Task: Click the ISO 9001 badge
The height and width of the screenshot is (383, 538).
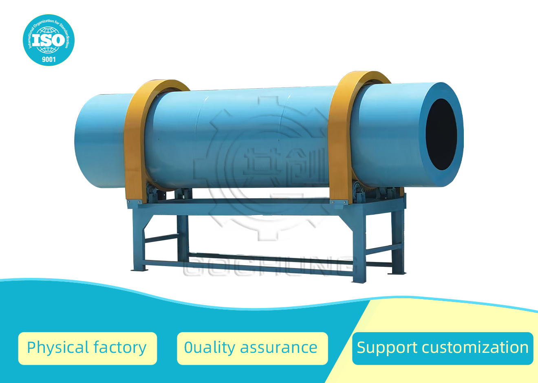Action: pos(49,40)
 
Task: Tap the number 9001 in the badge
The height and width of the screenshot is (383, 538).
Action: pos(49,59)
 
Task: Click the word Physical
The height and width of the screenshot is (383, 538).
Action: pos(58,348)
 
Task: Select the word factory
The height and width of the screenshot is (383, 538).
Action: pos(120,348)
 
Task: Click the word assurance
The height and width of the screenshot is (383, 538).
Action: pos(278,348)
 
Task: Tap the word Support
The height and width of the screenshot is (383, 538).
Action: pos(387,348)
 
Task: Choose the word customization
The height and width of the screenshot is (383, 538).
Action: pos(475,348)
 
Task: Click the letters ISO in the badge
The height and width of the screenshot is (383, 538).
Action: pos(49,40)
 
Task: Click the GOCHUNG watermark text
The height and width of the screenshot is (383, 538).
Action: pos(269,267)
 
